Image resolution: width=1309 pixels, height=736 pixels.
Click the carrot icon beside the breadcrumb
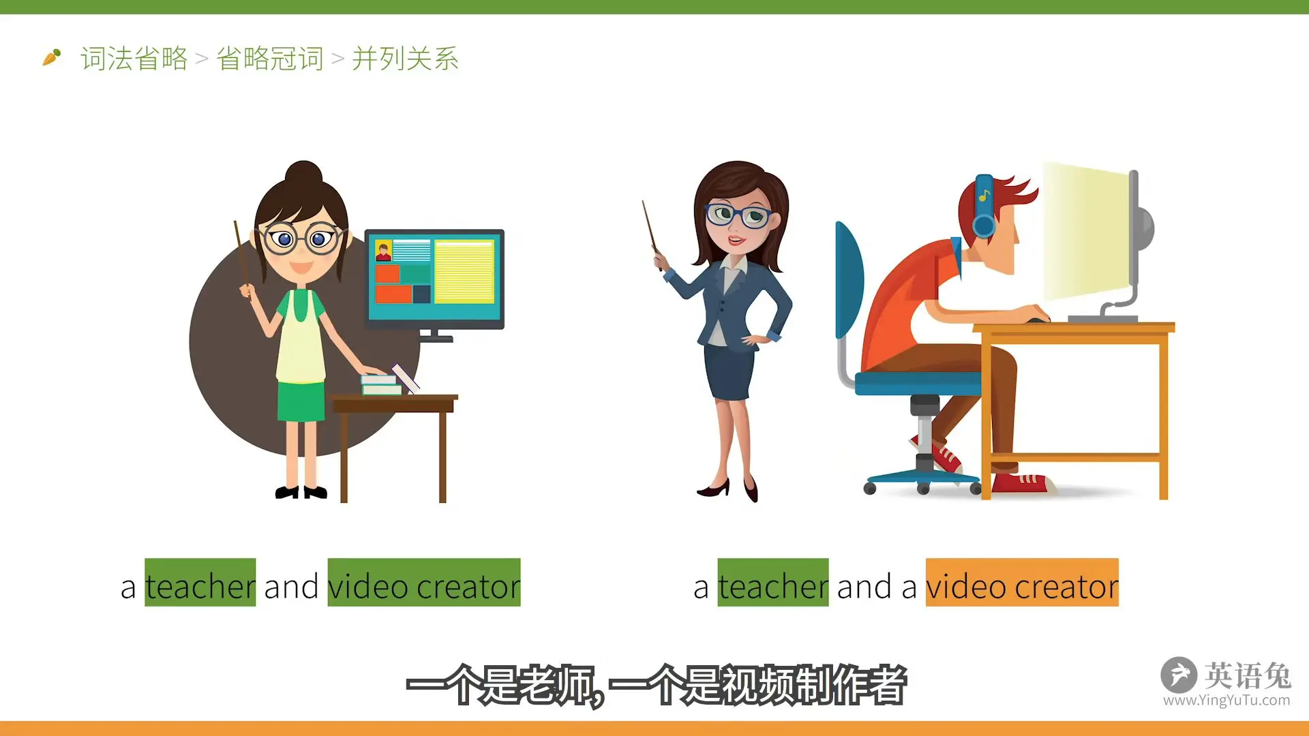pyautogui.click(x=52, y=57)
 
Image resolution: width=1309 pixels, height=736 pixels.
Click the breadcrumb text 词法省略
pyautogui.click(x=134, y=59)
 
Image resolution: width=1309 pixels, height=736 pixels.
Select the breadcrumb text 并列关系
pyautogui.click(x=406, y=59)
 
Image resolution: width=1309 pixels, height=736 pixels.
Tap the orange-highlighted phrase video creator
pyautogui.click(x=1022, y=583)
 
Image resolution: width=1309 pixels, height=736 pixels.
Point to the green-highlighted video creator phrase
pyautogui.click(x=424, y=583)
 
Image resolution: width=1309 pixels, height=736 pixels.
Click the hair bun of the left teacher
pyautogui.click(x=304, y=174)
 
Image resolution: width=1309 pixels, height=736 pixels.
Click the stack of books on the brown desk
pyautogui.click(x=380, y=384)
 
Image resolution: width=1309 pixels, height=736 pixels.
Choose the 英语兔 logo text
pyautogui.click(x=1248, y=675)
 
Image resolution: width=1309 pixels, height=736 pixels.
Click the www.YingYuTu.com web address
pyautogui.click(x=1227, y=700)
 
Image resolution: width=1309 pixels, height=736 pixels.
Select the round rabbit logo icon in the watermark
pyautogui.click(x=1179, y=675)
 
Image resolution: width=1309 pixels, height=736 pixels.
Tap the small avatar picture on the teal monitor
pyautogui.click(x=383, y=251)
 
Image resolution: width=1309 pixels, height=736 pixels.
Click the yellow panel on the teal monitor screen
pyautogui.click(x=464, y=271)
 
